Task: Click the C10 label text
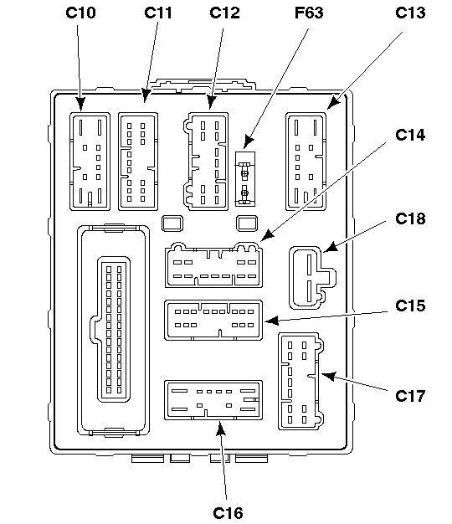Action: pyautogui.click(x=80, y=13)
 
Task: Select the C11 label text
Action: pyautogui.click(x=158, y=13)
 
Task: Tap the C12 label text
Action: pyautogui.click(x=224, y=13)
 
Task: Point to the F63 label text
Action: pyautogui.click(x=309, y=13)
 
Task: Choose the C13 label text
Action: pyautogui.click(x=410, y=13)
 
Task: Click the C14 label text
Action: pyautogui.click(x=410, y=135)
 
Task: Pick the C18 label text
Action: pyautogui.click(x=410, y=218)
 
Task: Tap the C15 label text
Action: pyautogui.click(x=410, y=306)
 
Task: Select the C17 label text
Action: pyautogui.click(x=410, y=396)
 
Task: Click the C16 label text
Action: pyautogui.click(x=228, y=513)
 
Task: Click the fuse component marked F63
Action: pyautogui.click(x=245, y=179)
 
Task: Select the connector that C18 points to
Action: pyautogui.click(x=312, y=278)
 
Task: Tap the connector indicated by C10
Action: pyautogui.click(x=90, y=162)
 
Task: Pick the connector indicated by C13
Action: pyautogui.click(x=306, y=162)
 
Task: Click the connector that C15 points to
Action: pyautogui.click(x=213, y=320)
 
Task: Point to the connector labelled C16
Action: pyautogui.click(x=213, y=400)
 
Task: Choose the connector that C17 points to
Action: pyautogui.click(x=301, y=381)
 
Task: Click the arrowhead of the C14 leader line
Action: pyautogui.click(x=267, y=236)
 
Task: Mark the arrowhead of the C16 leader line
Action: pyautogui.click(x=220, y=429)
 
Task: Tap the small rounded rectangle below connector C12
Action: pyautogui.click(x=172, y=223)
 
